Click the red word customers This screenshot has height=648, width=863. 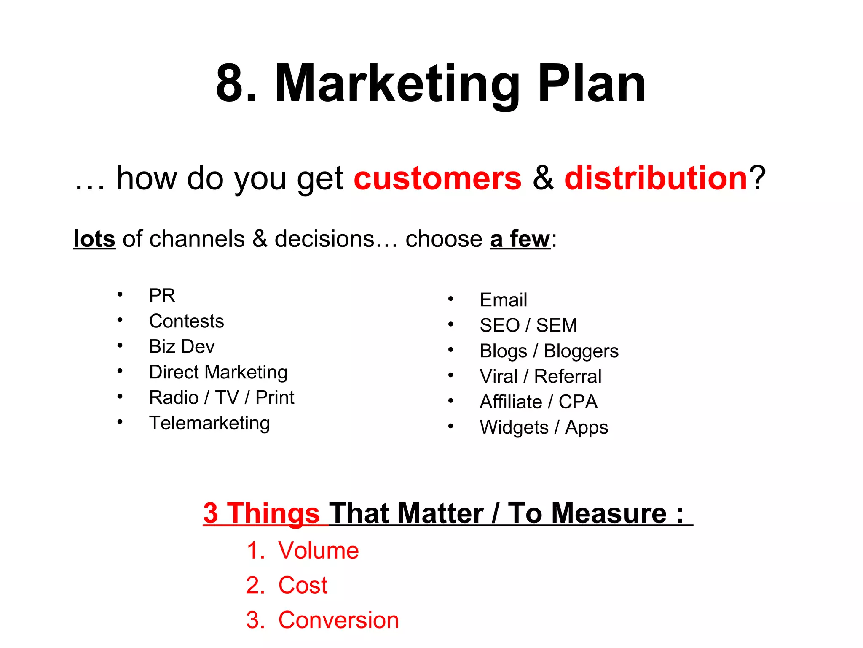437,178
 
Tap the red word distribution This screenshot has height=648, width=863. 656,178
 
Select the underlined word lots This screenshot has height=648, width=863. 94,239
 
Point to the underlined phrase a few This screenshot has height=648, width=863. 520,239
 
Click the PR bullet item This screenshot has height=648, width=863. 162,295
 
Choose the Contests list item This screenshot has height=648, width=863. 186,321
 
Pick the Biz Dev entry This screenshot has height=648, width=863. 182,346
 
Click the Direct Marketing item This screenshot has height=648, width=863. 218,372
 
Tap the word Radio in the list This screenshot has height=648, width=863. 174,397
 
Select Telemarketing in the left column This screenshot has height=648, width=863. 209,423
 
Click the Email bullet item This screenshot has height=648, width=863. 503,300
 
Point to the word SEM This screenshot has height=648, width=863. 556,325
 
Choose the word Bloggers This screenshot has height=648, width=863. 581,351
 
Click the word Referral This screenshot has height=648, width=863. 568,376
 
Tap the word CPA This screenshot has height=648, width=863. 578,402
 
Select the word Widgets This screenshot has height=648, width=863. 514,427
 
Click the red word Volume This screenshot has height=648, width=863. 318,551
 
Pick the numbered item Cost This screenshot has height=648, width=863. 303,585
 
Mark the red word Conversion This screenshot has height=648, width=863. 338,620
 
